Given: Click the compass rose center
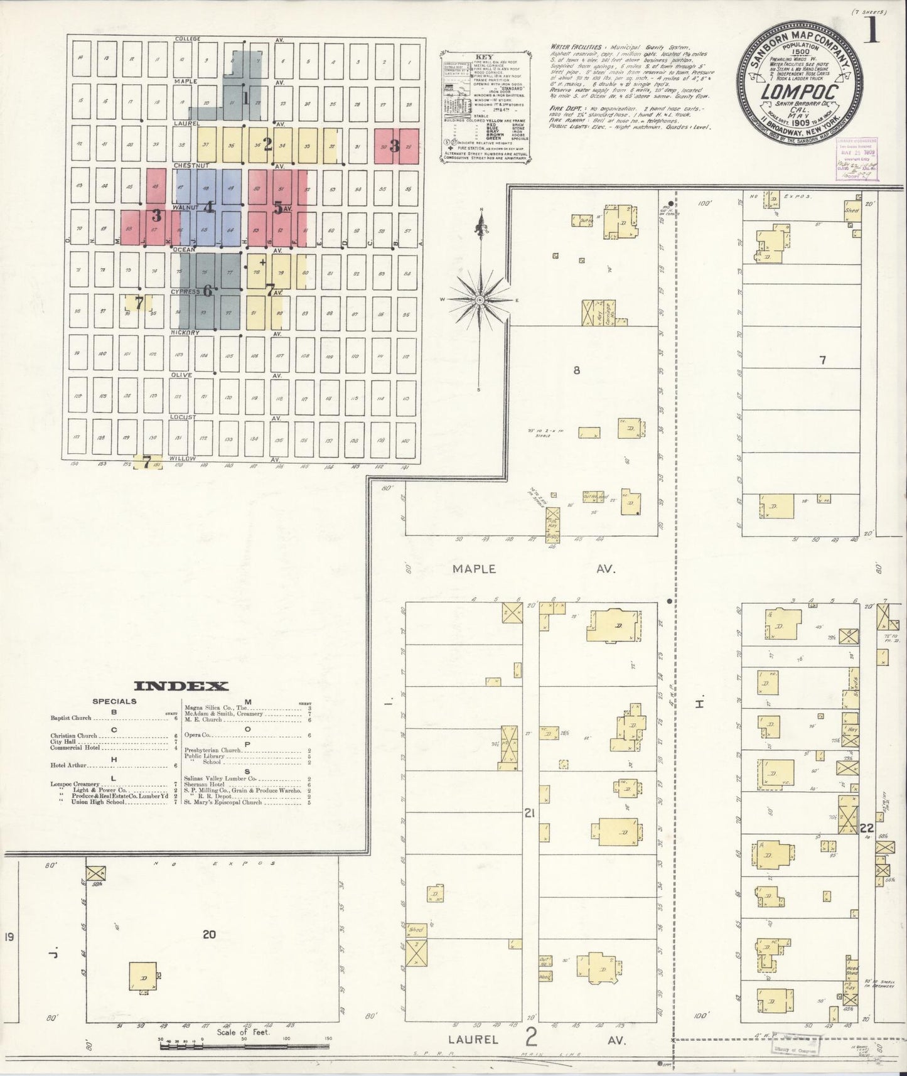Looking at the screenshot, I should [480, 301].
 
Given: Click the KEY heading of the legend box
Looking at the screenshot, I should [485, 57].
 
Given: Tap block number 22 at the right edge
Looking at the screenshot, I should [867, 827].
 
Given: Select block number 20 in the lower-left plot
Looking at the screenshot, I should [209, 934].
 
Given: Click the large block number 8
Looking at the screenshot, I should [576, 370].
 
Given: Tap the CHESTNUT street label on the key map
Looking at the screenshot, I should [186, 165].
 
